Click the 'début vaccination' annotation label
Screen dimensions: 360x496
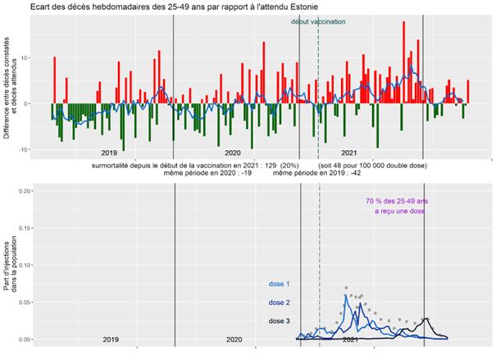click(318, 22)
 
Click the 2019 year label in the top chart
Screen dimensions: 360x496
click(109, 153)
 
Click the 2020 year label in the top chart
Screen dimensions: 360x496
click(232, 153)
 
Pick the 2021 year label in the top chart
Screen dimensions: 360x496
click(348, 153)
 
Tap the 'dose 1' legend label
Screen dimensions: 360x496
click(280, 285)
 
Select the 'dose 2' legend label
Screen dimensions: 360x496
click(280, 303)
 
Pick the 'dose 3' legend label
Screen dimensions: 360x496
click(280, 321)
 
